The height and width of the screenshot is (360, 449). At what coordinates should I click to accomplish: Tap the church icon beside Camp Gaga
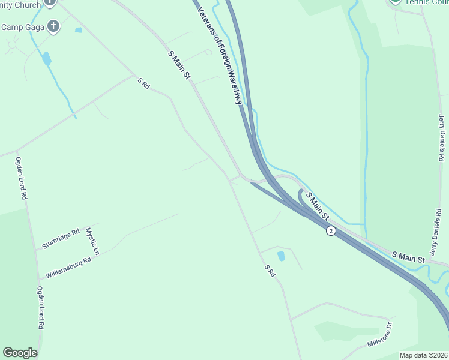[53, 26]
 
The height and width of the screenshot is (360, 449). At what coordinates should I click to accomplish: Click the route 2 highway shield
[331, 230]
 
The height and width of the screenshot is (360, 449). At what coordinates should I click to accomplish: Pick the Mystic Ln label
[92, 240]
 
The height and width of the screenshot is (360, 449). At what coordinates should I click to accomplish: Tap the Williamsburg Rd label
[68, 268]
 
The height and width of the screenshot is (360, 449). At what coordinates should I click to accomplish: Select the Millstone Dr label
[379, 335]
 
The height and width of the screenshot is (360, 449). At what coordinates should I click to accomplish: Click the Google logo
[20, 353]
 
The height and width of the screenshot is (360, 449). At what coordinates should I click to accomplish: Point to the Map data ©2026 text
[423, 355]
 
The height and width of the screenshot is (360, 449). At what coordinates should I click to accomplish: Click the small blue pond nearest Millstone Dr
[281, 256]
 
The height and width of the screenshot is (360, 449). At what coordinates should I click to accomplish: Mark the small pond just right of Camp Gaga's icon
[78, 29]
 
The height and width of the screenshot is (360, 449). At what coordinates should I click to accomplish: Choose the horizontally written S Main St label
[408, 257]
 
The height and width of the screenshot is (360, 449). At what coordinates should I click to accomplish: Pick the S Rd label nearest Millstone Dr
[270, 271]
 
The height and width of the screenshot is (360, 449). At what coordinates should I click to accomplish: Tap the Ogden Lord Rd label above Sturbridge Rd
[23, 178]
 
